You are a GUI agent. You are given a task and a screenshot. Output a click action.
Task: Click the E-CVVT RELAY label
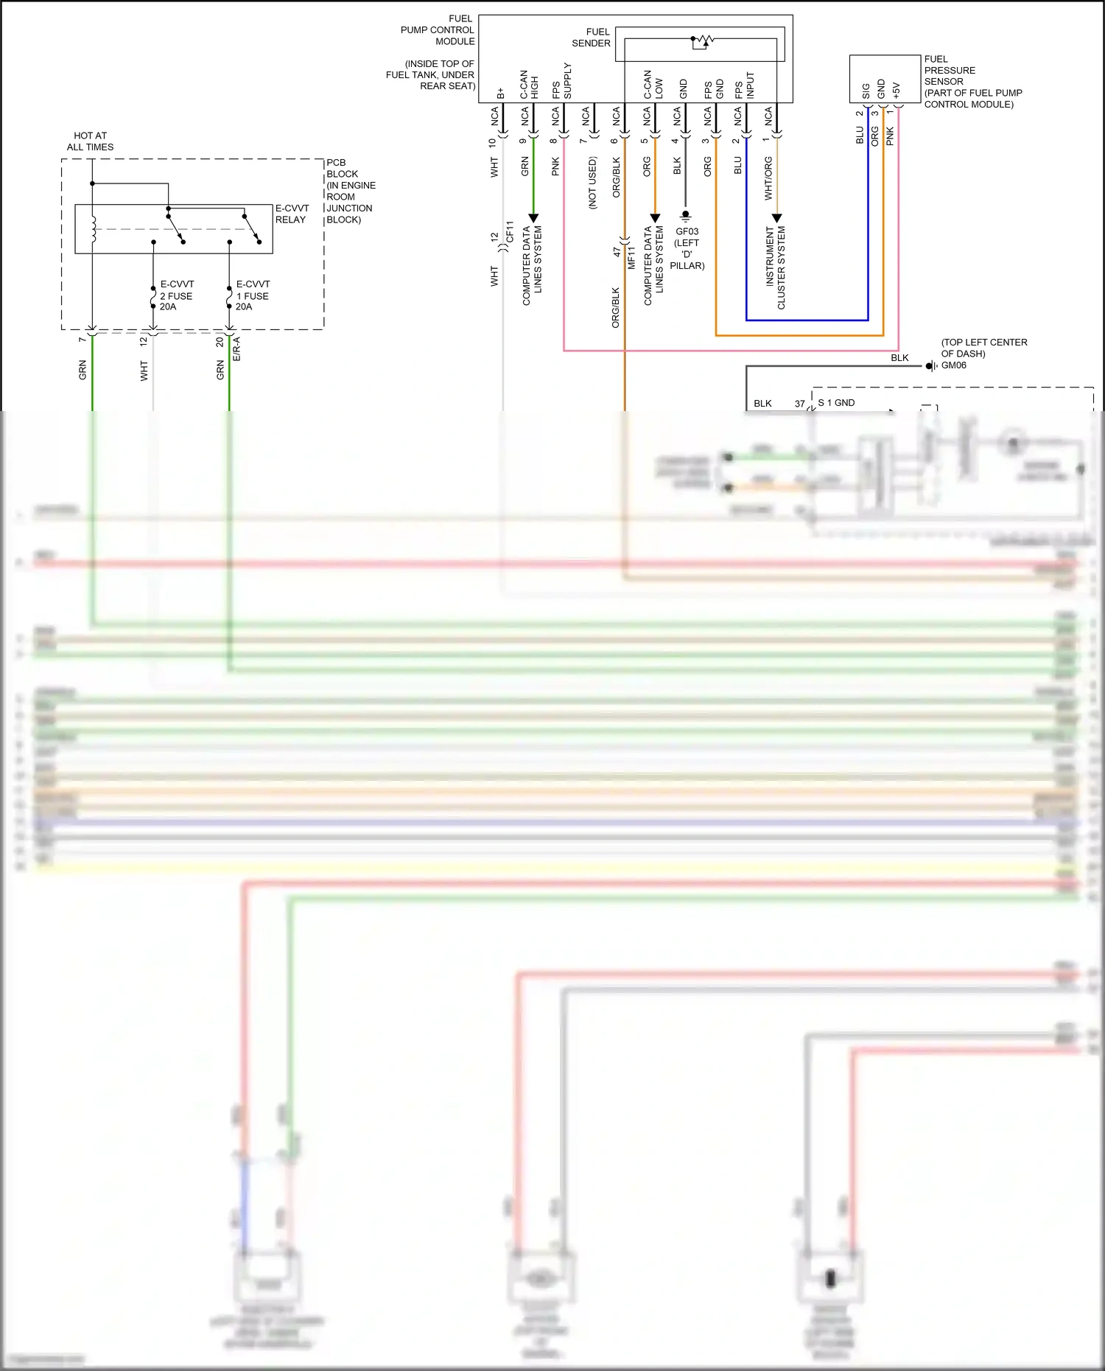coord(292,214)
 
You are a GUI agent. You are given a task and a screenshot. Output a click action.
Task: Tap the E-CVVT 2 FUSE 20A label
coord(176,295)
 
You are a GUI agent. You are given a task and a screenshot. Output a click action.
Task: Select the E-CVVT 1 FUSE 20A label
coord(252,295)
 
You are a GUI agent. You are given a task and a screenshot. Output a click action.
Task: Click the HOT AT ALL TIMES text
coord(90,141)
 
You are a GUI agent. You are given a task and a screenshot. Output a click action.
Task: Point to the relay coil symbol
coord(93,229)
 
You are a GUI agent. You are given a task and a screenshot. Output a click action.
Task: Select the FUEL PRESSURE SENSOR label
coord(972,81)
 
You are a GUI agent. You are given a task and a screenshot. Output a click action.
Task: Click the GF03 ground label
coord(687,231)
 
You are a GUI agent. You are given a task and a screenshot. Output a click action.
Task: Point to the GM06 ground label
coord(953,365)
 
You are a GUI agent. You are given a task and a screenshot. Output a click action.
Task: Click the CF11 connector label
coord(509,232)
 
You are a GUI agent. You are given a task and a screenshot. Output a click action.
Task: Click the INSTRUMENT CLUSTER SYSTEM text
coord(776,267)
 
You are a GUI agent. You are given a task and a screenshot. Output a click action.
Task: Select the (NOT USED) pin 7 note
coord(592,183)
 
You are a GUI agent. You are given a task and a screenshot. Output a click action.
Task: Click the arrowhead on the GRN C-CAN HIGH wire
coord(533,218)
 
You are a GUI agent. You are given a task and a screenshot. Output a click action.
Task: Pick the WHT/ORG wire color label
coord(768,178)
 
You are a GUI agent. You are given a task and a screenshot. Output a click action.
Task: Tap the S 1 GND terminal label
coord(836,403)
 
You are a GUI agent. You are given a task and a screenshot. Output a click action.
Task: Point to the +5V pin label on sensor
coord(896,90)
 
